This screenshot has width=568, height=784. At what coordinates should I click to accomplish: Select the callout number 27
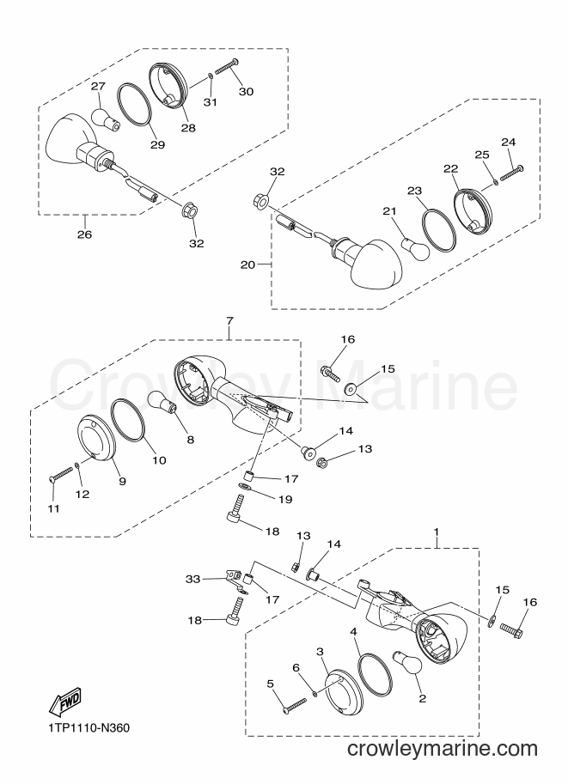pos(98,87)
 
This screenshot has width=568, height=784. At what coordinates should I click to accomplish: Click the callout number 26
pos(84,234)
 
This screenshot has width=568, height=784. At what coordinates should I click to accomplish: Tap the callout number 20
pos(247,264)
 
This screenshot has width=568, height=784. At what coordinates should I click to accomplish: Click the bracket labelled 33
pos(235,581)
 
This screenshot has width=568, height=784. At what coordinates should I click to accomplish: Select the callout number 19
pos(285,500)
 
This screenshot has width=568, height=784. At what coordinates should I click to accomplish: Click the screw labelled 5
pos(294,706)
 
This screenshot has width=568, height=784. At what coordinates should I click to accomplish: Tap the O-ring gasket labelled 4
pos(375,675)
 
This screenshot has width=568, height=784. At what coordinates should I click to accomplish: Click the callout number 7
pos(229,319)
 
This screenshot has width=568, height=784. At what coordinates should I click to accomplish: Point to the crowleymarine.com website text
pos(443,749)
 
